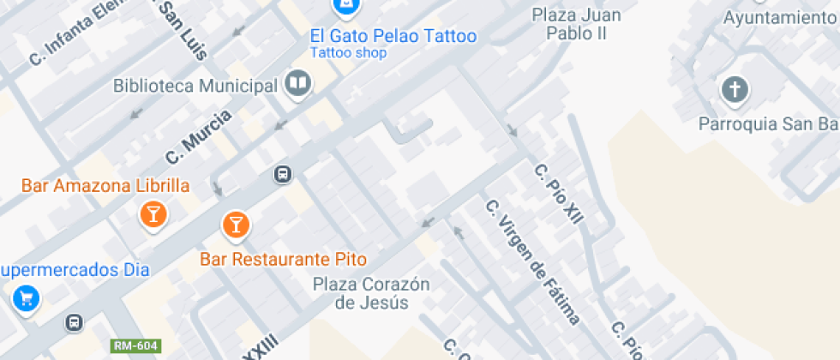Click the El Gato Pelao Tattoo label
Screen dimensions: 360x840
pyautogui.click(x=393, y=37)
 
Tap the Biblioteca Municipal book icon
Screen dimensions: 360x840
pyautogui.click(x=298, y=84)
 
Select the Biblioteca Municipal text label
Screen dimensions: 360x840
pyautogui.click(x=195, y=86)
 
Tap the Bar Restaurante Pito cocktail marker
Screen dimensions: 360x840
pyautogui.click(x=234, y=225)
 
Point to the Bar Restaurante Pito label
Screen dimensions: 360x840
pyautogui.click(x=284, y=259)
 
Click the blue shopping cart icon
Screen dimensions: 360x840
pyautogui.click(x=26, y=298)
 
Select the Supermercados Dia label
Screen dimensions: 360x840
pyautogui.click(x=75, y=270)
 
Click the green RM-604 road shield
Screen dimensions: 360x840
pyautogui.click(x=135, y=345)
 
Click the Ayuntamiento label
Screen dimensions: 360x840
pyautogui.click(x=778, y=17)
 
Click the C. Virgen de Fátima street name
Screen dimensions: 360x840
pyautogui.click(x=532, y=261)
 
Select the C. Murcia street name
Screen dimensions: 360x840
pyautogui.click(x=199, y=137)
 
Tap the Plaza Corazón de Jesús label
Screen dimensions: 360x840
pyautogui.click(x=371, y=292)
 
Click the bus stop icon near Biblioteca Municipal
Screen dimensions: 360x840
pyautogui.click(x=282, y=175)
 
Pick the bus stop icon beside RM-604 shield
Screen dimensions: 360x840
pyautogui.click(x=75, y=322)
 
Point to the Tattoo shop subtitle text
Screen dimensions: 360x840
pyautogui.click(x=348, y=53)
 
